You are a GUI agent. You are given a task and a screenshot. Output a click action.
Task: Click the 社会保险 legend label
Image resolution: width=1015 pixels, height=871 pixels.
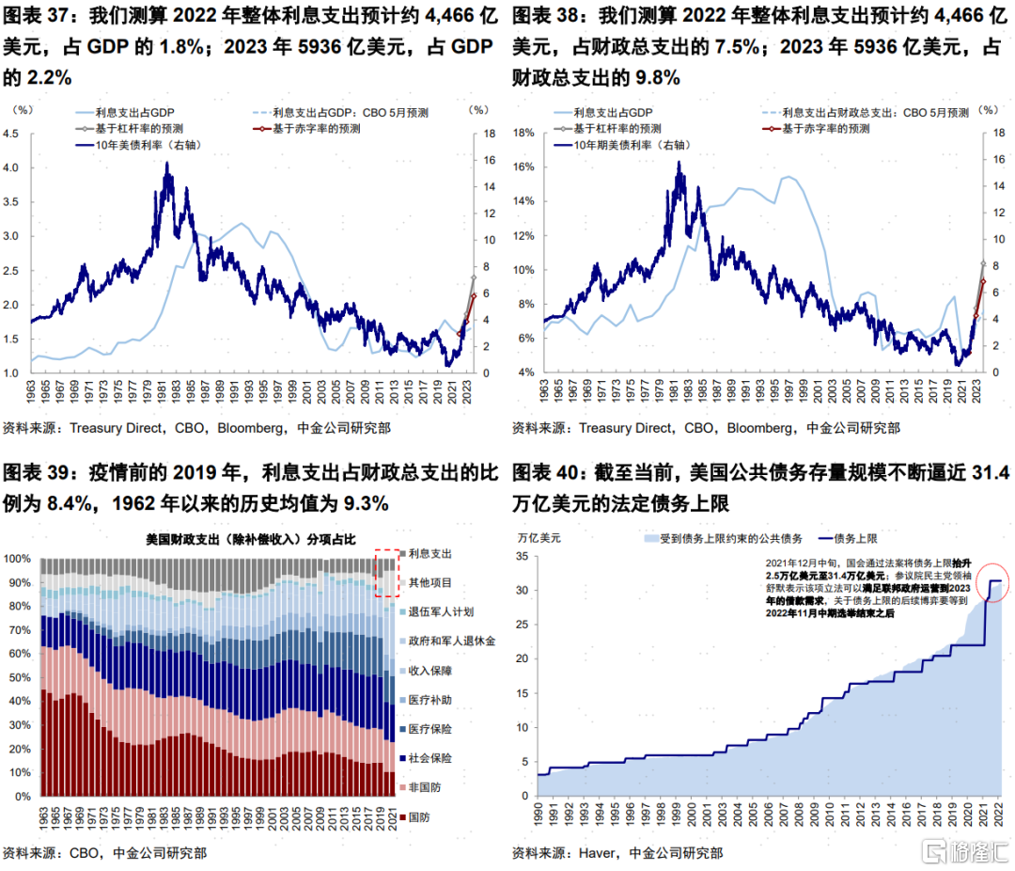click(x=429, y=757)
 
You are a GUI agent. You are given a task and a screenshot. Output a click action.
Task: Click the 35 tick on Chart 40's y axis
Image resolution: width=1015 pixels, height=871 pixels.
click(x=524, y=558)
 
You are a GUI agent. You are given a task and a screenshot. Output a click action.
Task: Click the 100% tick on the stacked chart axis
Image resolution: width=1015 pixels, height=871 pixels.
click(x=17, y=558)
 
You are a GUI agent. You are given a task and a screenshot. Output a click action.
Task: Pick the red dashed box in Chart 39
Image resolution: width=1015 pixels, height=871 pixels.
click(x=387, y=572)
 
